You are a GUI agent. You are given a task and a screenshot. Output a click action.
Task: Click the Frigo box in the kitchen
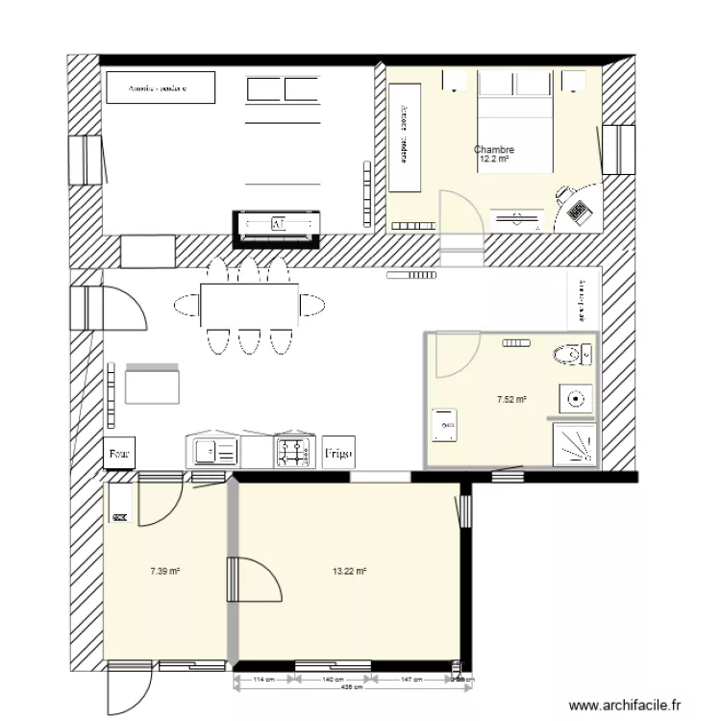pos(338,452)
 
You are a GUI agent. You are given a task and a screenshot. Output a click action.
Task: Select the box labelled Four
pos(120,452)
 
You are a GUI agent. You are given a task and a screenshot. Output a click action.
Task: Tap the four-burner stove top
pos(293,450)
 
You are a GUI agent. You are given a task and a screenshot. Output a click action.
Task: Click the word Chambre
pos(494,150)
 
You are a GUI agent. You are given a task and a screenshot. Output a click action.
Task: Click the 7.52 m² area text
pos(511,399)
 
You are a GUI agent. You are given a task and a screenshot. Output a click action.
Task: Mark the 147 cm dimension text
pos(410,680)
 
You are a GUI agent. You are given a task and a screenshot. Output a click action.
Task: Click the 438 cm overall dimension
pos(352,688)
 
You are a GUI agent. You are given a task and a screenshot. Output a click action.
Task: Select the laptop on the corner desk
pos(580,210)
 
